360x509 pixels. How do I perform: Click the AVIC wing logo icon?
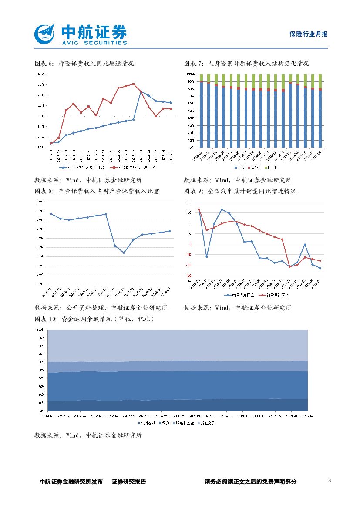point(45,34)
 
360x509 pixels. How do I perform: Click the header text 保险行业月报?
point(308,34)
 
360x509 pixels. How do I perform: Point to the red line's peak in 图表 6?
point(133,84)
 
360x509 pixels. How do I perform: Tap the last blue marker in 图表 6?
point(170,102)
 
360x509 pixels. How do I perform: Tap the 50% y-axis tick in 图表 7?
point(191,111)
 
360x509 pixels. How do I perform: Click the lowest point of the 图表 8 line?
point(124,253)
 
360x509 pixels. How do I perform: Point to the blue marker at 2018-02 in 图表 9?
point(207,256)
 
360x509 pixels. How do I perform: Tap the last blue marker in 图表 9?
point(320,268)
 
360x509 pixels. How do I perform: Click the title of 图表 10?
point(94,319)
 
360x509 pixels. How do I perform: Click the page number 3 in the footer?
point(330,480)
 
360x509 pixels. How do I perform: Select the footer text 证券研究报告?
point(129,482)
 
